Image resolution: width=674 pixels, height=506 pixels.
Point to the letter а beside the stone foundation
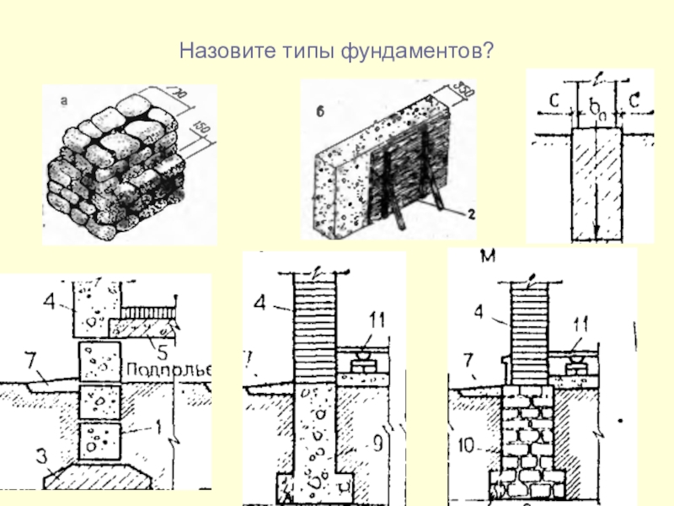(x=63, y=101)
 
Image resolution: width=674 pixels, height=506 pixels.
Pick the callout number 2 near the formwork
(x=472, y=214)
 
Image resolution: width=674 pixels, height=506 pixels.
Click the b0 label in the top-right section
(x=595, y=107)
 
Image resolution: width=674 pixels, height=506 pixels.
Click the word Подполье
(x=168, y=369)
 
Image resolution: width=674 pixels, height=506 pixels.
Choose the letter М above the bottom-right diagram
(x=487, y=255)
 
